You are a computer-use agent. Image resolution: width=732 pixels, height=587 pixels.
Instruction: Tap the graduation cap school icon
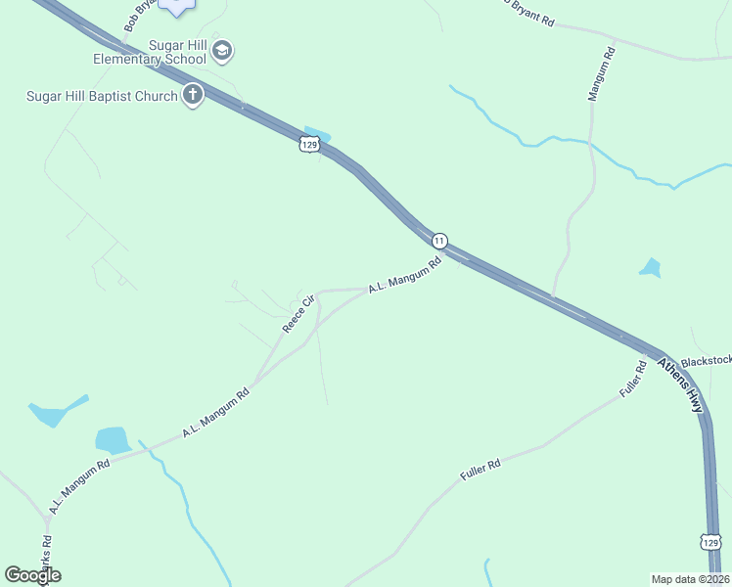click(x=222, y=49)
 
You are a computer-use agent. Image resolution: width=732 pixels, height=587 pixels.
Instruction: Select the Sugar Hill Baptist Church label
click(x=102, y=96)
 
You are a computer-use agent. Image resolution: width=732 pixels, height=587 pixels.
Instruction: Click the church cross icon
click(x=193, y=95)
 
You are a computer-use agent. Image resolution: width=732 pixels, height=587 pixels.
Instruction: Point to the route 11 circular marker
click(x=439, y=240)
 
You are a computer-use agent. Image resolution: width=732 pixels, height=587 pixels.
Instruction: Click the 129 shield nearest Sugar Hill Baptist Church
click(x=309, y=144)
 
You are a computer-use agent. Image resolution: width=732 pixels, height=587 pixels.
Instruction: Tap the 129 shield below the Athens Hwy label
click(x=711, y=542)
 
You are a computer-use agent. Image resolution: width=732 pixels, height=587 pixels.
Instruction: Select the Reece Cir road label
click(x=298, y=313)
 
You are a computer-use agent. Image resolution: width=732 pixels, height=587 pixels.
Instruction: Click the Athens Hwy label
click(x=680, y=383)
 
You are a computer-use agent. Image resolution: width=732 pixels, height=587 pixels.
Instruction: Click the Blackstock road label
click(x=707, y=361)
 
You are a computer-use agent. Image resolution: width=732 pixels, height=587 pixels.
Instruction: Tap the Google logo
click(x=32, y=575)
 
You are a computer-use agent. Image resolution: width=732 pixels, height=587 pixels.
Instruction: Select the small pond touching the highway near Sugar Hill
click(x=317, y=133)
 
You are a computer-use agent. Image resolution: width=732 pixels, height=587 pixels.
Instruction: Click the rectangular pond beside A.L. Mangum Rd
click(x=112, y=439)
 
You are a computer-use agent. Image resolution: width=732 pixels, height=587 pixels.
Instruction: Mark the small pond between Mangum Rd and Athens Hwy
click(x=650, y=266)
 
